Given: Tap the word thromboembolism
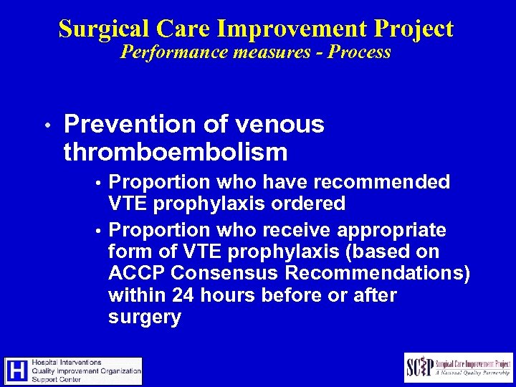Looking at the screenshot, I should (x=176, y=152).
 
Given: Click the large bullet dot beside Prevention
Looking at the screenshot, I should (x=46, y=125).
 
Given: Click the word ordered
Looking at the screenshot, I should (x=310, y=204).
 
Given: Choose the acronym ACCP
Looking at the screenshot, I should (x=138, y=274).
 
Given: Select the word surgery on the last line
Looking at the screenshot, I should (x=144, y=317).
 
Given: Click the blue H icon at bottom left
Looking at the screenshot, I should (x=17, y=371).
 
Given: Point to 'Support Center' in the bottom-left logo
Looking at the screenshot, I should (x=59, y=380).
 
